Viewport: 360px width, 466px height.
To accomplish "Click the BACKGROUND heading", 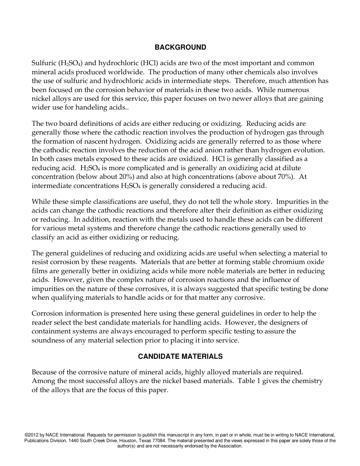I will point(180,47).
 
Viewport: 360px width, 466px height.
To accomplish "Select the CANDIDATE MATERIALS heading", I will point(180,357).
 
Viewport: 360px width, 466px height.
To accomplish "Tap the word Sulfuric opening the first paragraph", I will point(44,63).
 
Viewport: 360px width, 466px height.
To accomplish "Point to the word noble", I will point(235,271).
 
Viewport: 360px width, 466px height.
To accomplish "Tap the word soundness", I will point(49,340).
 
